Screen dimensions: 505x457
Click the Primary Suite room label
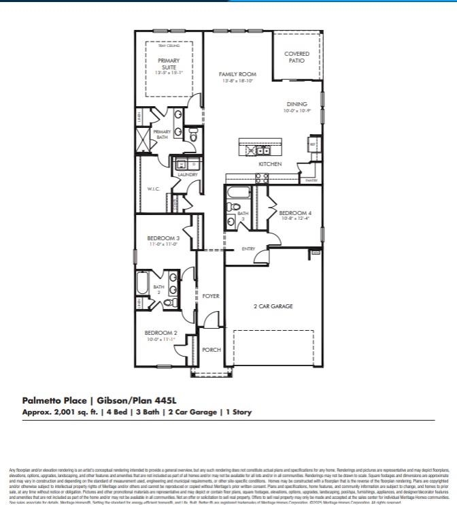168,65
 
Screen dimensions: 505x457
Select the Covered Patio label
297,56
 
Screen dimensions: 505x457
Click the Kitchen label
270,164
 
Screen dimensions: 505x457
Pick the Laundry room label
187,175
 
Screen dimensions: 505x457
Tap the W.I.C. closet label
153,189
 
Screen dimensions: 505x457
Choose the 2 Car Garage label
273,306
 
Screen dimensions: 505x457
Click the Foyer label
211,296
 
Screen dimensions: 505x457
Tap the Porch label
211,350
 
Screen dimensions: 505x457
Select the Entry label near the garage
248,249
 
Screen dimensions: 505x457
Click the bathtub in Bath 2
143,287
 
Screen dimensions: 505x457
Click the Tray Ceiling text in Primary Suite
169,46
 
